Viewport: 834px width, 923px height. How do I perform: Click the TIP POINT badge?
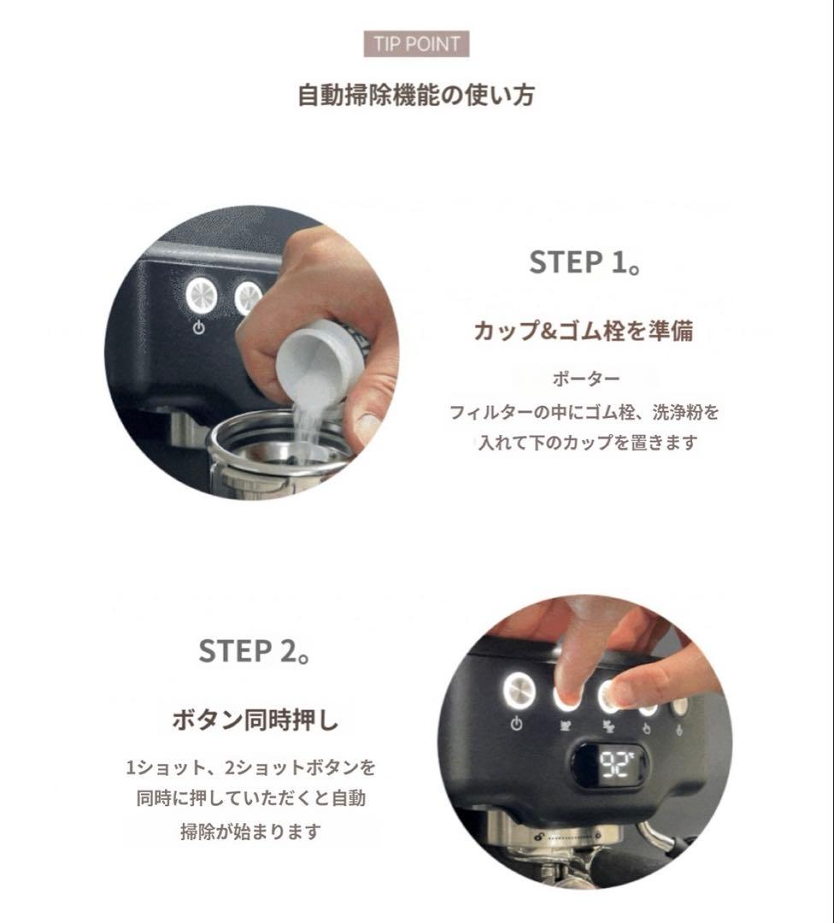pyautogui.click(x=416, y=44)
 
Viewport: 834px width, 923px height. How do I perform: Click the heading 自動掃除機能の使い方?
pyautogui.click(x=416, y=96)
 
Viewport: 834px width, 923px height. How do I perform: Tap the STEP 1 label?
pyautogui.click(x=584, y=262)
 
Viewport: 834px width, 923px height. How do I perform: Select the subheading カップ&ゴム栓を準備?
pyautogui.click(x=584, y=331)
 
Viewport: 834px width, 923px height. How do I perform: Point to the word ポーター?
pyautogui.click(x=585, y=379)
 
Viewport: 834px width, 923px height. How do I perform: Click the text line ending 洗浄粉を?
pyautogui.click(x=584, y=412)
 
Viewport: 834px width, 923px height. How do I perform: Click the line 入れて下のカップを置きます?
pyautogui.click(x=587, y=442)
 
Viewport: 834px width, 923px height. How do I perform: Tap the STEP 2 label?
pyautogui.click(x=255, y=651)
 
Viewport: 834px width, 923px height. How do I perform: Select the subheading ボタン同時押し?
pyautogui.click(x=255, y=720)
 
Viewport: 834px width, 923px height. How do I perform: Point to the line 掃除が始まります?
pyautogui.click(x=250, y=832)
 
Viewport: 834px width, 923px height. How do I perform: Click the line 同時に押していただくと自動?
pyautogui.click(x=250, y=799)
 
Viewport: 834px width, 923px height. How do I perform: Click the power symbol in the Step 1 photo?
pyautogui.click(x=199, y=327)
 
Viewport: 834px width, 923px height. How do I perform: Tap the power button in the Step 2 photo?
pyautogui.click(x=520, y=690)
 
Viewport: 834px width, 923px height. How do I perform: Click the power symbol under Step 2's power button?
pyautogui.click(x=517, y=724)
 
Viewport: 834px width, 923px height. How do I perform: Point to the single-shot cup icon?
pyautogui.click(x=567, y=725)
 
